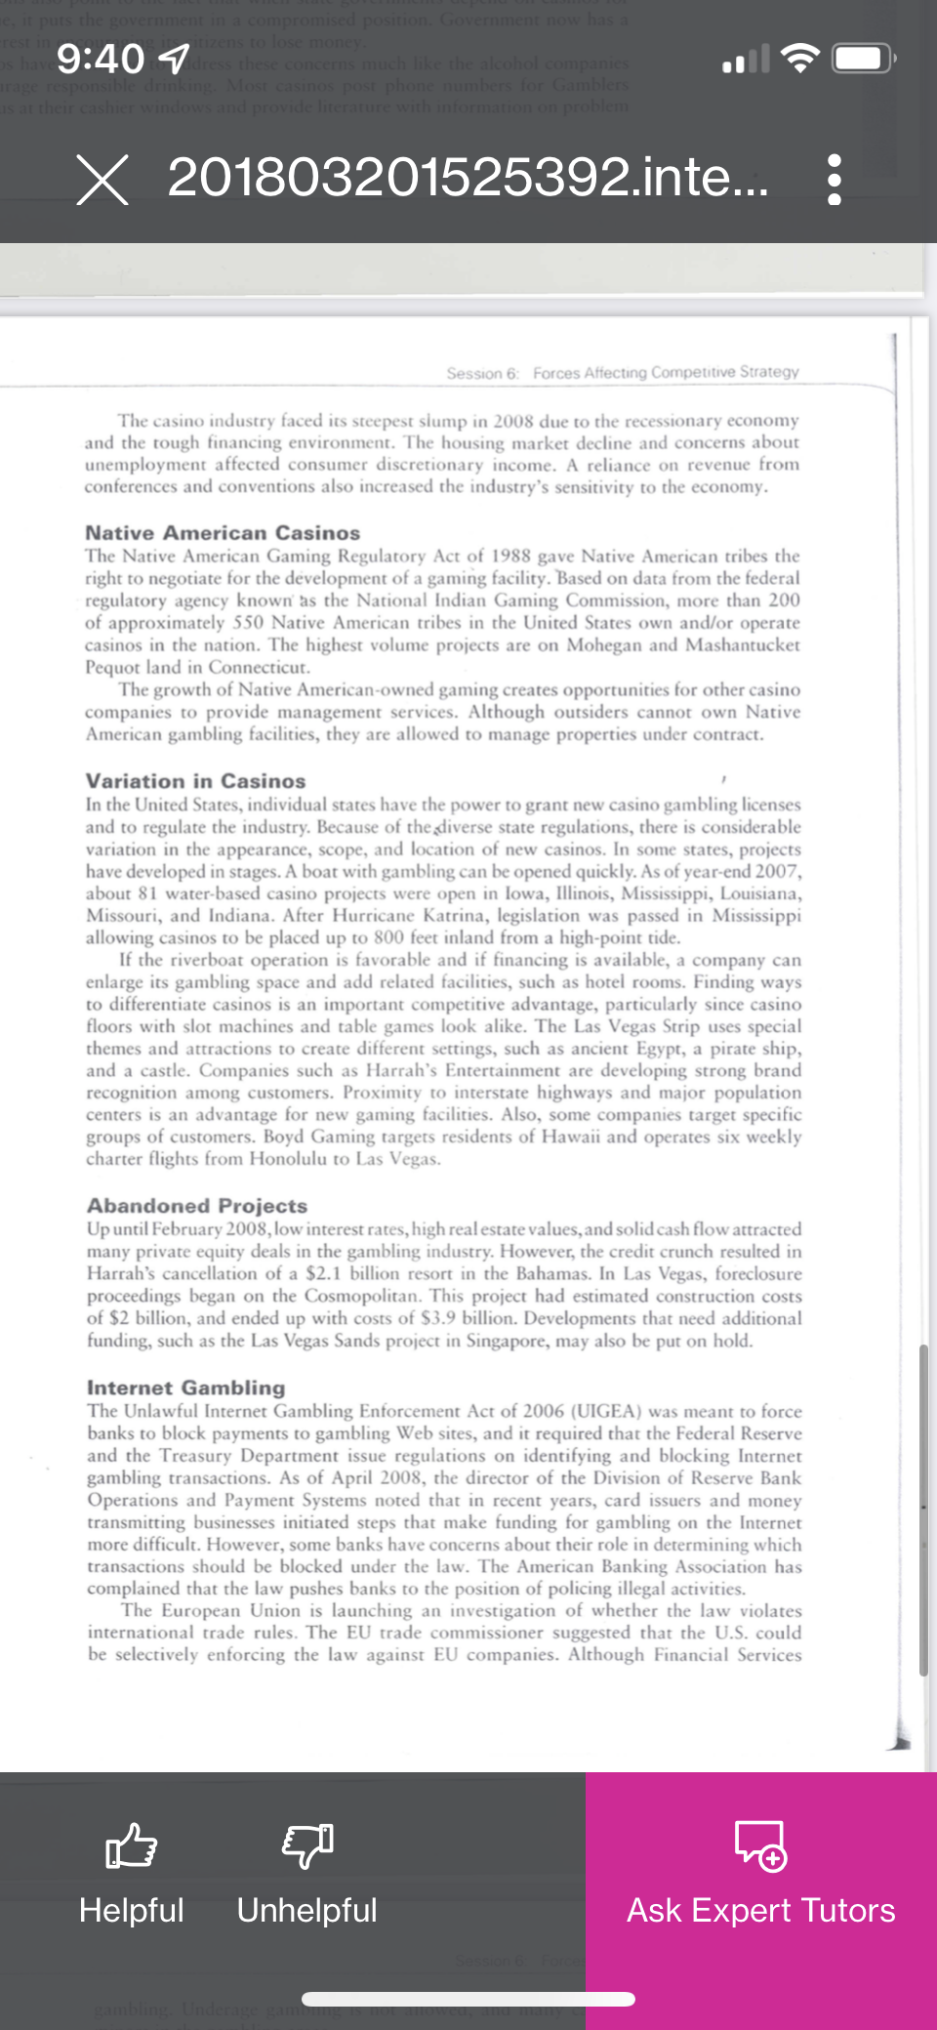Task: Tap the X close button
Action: pyautogui.click(x=102, y=180)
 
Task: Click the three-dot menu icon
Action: pyautogui.click(x=834, y=180)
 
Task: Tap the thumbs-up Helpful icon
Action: pyautogui.click(x=131, y=1845)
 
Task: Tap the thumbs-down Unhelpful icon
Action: pyautogui.click(x=307, y=1845)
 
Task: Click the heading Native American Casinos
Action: pyautogui.click(x=223, y=533)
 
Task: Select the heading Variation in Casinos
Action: pyautogui.click(x=195, y=781)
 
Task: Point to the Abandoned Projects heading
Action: pyautogui.click(x=197, y=1206)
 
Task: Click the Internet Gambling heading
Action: pyautogui.click(x=186, y=1388)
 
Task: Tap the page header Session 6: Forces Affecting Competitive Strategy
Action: pyautogui.click(x=623, y=373)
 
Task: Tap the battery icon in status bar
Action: pyautogui.click(x=864, y=59)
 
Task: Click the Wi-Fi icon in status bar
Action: pyautogui.click(x=800, y=59)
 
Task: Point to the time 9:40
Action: pyautogui.click(x=101, y=60)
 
